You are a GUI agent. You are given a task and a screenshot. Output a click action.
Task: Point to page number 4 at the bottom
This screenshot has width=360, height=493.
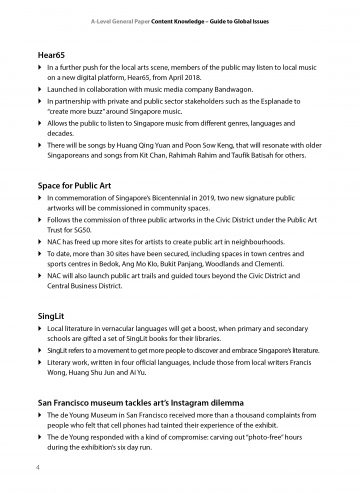pos(37,466)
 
